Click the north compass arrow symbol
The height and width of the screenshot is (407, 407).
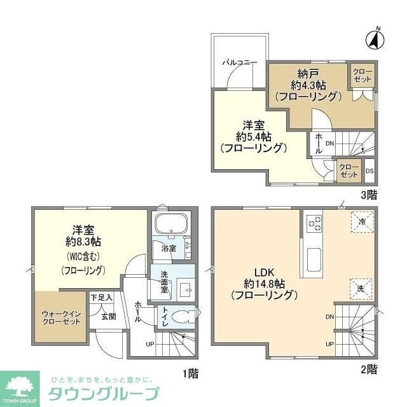point(374,39)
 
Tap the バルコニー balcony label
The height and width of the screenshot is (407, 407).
point(239,63)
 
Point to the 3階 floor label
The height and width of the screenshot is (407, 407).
point(368,195)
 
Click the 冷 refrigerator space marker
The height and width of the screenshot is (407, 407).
point(360,223)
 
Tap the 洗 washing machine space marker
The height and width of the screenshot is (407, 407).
point(360,288)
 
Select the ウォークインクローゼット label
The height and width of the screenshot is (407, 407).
point(62,317)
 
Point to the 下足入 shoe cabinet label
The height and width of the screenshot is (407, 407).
point(100,297)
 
